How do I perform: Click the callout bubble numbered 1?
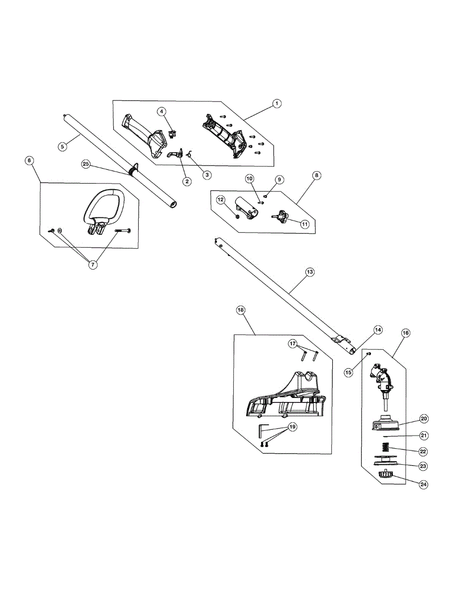click(277, 103)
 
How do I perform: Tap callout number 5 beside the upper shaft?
click(62, 146)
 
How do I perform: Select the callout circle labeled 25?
click(86, 164)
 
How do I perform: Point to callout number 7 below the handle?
click(92, 264)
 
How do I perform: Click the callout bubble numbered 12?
click(221, 199)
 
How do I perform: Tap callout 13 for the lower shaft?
click(310, 272)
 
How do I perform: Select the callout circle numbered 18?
click(241, 310)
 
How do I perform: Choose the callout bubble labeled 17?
click(293, 343)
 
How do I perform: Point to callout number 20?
click(424, 419)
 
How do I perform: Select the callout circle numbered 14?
click(378, 330)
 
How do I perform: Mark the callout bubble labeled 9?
click(279, 179)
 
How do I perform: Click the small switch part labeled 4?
click(174, 133)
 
